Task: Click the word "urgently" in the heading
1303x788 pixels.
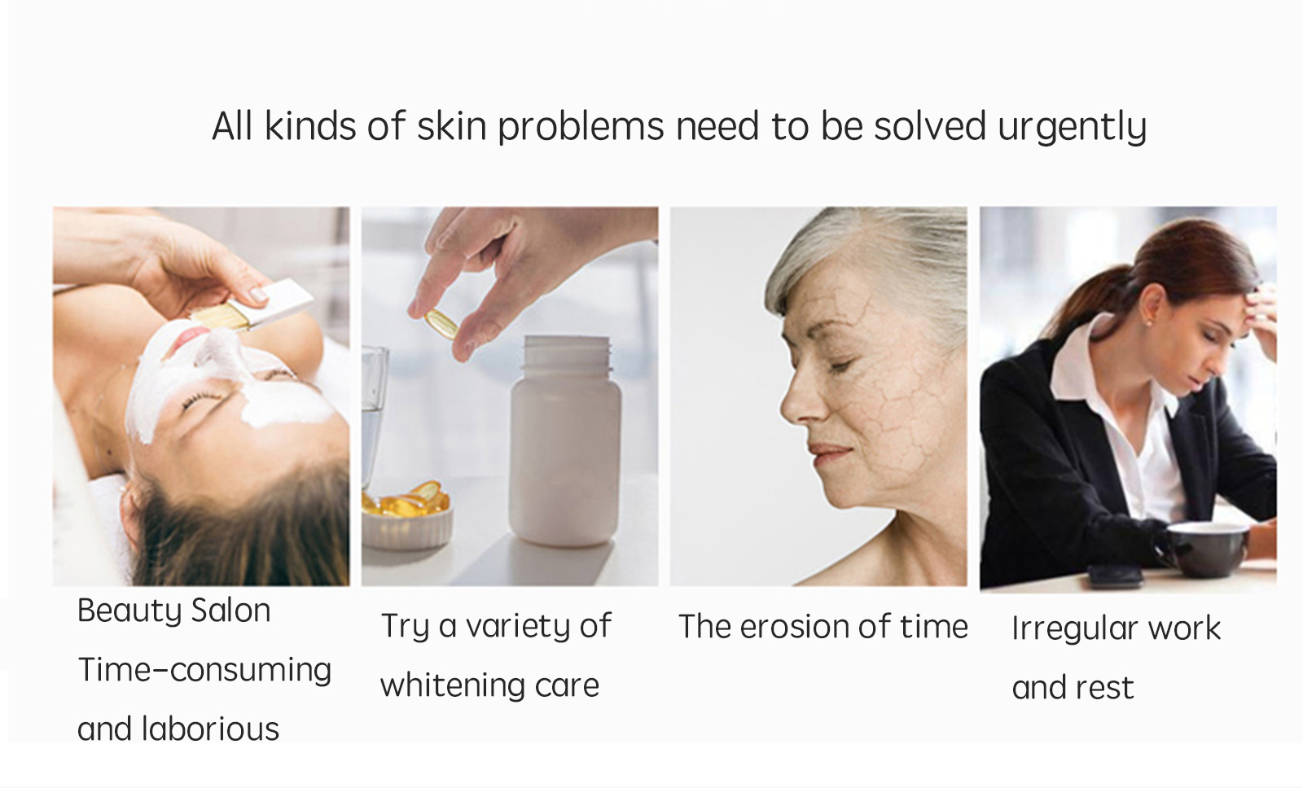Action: click(x=1072, y=127)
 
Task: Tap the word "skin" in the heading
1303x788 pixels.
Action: click(x=452, y=125)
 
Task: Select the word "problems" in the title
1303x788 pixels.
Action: click(x=581, y=127)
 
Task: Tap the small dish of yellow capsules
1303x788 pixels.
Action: click(x=406, y=514)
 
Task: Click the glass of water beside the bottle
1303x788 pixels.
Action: click(x=374, y=418)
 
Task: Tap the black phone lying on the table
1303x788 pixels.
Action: click(x=1116, y=575)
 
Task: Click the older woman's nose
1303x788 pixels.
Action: click(x=797, y=401)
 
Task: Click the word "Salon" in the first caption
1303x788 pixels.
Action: click(x=231, y=611)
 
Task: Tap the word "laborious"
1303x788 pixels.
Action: click(x=211, y=729)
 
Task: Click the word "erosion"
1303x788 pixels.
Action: click(x=793, y=627)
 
